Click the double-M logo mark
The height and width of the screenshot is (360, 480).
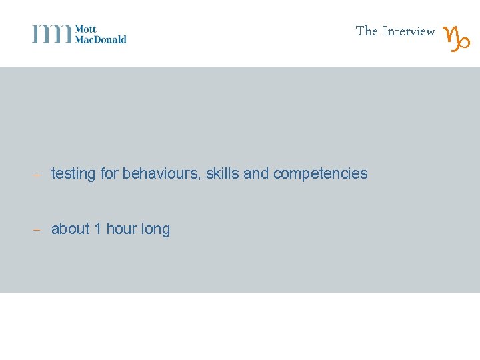(x=52, y=34)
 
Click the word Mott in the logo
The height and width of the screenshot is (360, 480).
(x=85, y=29)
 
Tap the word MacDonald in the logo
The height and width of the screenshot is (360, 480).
(x=101, y=39)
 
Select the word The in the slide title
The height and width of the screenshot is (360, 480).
(x=367, y=31)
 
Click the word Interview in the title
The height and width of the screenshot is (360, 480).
(x=409, y=31)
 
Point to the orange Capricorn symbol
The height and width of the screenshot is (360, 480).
(x=457, y=39)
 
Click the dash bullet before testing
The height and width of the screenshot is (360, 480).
(x=37, y=175)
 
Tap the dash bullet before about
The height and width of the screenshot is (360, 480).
(x=37, y=230)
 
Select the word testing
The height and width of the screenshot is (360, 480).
(x=73, y=174)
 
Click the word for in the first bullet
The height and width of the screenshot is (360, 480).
(x=109, y=173)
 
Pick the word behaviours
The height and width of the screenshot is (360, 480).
(x=161, y=173)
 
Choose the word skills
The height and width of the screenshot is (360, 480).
(x=222, y=173)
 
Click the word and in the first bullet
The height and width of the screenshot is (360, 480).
(x=256, y=173)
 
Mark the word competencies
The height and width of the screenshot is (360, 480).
(x=320, y=174)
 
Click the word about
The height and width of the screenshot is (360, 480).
(x=70, y=229)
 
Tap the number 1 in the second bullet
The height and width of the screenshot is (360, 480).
(x=98, y=229)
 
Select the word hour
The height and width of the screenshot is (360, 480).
(x=121, y=229)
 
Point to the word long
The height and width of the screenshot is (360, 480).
(x=155, y=229)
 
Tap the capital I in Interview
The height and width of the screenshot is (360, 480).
(x=385, y=31)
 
